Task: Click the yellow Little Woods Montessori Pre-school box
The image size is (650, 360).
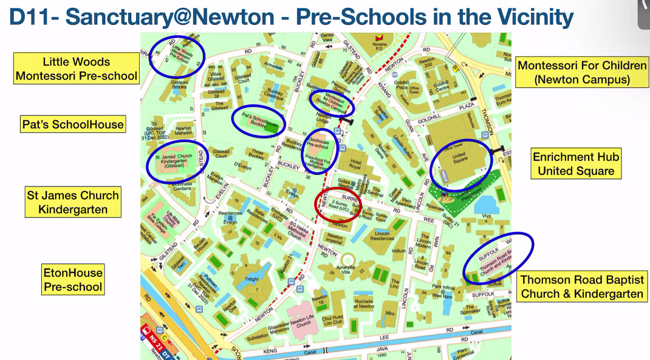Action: tap(77, 69)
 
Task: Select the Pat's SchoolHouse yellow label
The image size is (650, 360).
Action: tap(73, 125)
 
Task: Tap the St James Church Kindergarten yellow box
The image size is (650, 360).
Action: tap(73, 202)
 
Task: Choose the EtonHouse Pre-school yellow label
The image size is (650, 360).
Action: tap(73, 279)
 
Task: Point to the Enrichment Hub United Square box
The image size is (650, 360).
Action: tap(576, 164)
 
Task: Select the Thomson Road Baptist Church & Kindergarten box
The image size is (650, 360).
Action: tap(582, 287)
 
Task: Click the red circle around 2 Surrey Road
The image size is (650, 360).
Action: tap(338, 205)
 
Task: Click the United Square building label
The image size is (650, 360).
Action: tap(459, 159)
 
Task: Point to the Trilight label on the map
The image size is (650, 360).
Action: tap(251, 280)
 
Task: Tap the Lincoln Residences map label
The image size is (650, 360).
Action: tap(383, 236)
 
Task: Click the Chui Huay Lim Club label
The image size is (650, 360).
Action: tap(333, 321)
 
